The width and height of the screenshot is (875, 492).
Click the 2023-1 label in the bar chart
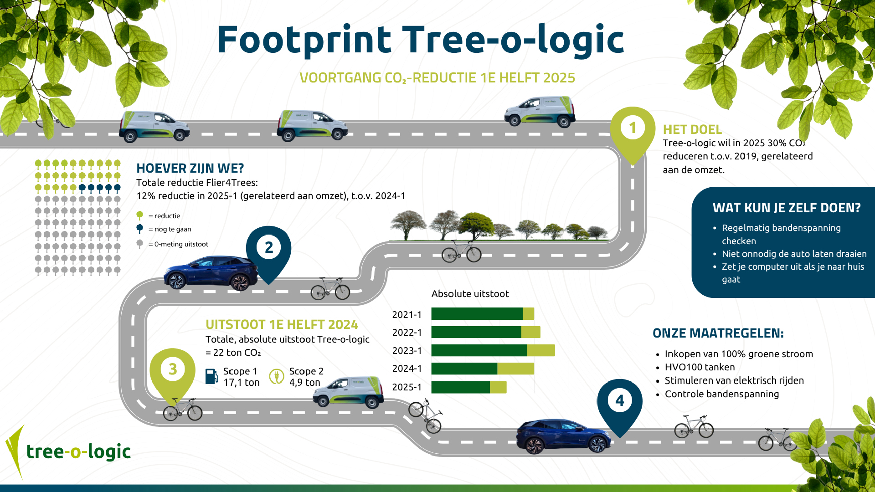(407, 351)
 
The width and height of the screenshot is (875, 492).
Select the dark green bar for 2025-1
(460, 387)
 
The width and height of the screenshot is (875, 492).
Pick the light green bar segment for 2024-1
(515, 369)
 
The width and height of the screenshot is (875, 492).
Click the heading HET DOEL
(692, 130)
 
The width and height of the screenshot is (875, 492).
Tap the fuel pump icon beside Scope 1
(211, 377)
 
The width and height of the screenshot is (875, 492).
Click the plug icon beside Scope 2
(276, 377)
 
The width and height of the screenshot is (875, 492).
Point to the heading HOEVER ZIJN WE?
(190, 169)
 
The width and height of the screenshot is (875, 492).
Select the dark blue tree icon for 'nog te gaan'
(140, 229)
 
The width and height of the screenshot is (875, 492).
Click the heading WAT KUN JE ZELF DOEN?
(787, 208)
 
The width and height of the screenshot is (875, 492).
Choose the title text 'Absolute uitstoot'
(470, 294)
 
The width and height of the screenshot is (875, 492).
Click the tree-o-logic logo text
(78, 452)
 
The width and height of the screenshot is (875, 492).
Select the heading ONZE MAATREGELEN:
(718, 333)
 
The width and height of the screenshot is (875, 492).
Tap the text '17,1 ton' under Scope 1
(241, 383)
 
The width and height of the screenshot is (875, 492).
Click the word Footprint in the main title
(304, 40)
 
